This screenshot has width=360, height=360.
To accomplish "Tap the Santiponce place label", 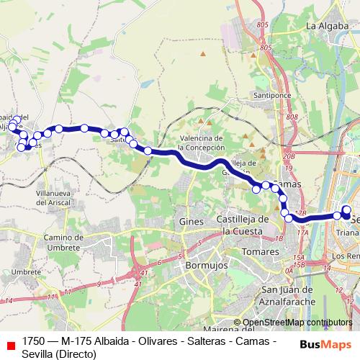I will click(269, 94).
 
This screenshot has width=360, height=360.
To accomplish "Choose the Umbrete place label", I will click(27, 271).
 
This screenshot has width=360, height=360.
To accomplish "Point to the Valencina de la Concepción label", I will click(202, 143).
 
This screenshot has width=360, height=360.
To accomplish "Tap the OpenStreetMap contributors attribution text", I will click(297, 323).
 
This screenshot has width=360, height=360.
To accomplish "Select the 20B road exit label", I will click(289, 156).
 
